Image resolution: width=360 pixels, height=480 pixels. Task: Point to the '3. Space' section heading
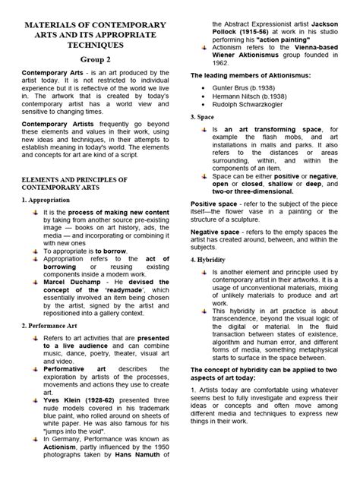pyautogui.click(x=201, y=120)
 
